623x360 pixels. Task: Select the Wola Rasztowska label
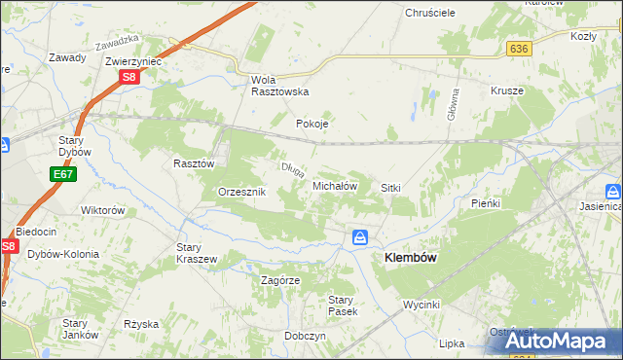(x=279, y=85)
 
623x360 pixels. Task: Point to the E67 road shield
(x=62, y=174)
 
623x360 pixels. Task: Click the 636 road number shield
(x=518, y=48)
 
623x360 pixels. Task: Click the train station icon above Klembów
(x=360, y=237)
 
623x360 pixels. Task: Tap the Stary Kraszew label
(x=196, y=253)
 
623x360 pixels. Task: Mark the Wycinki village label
(x=423, y=305)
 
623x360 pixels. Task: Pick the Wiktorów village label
(x=103, y=210)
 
